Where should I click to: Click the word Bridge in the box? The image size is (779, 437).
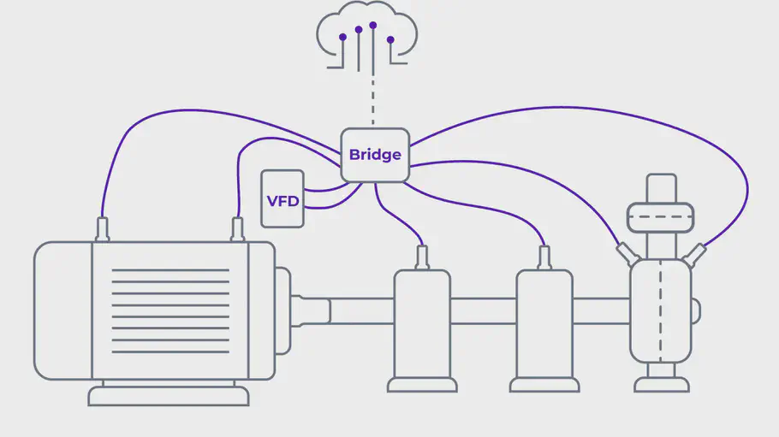(x=375, y=156)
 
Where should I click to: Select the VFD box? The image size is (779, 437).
(x=282, y=198)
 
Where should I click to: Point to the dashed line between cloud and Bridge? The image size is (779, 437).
(x=374, y=98)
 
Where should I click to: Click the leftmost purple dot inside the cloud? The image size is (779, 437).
(x=342, y=38)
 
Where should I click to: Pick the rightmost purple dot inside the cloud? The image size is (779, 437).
(x=390, y=39)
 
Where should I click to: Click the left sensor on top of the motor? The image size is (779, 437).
(x=104, y=229)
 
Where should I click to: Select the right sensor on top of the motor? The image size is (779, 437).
(x=238, y=229)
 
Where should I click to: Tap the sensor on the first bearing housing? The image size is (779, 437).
(x=422, y=257)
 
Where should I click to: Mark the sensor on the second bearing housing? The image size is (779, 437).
(x=544, y=257)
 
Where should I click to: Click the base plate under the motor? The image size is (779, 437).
(x=169, y=396)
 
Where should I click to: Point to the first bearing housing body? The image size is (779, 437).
(x=421, y=325)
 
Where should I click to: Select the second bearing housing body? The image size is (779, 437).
(x=544, y=325)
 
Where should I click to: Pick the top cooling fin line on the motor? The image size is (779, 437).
(x=170, y=270)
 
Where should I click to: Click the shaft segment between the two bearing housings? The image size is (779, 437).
(x=483, y=310)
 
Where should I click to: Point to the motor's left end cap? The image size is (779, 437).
(x=62, y=310)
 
